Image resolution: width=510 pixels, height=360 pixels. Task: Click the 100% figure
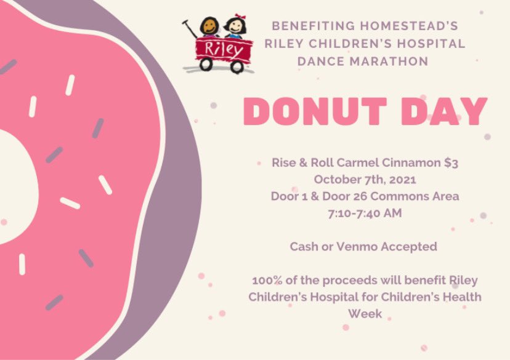(265, 280)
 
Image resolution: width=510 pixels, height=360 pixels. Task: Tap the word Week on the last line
(365, 313)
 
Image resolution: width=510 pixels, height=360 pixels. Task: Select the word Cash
(304, 246)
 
